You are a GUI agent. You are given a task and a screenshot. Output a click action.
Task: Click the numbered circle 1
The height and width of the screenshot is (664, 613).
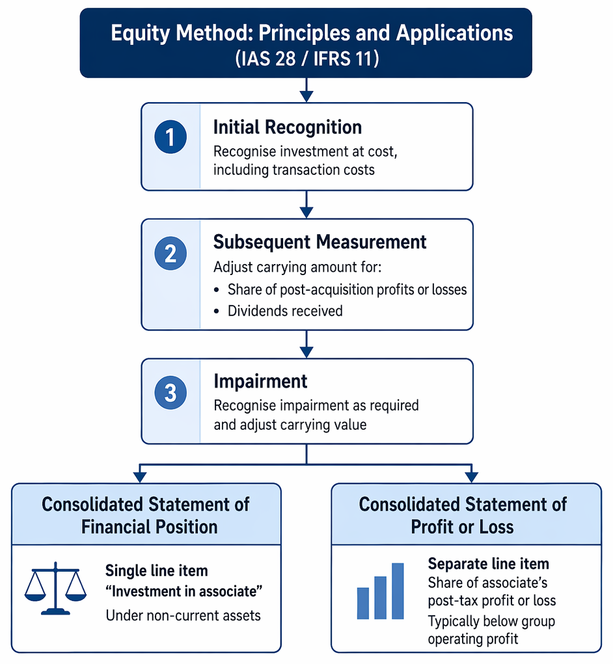[x=170, y=137]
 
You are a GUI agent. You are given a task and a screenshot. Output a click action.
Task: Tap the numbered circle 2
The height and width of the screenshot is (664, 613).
[x=170, y=253]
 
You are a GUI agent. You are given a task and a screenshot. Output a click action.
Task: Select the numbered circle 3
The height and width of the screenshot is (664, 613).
[x=170, y=393]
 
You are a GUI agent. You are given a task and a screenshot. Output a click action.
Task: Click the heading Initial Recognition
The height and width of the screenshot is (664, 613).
[x=287, y=127]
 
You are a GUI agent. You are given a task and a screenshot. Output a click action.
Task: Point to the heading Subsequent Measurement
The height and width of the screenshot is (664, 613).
[x=320, y=242]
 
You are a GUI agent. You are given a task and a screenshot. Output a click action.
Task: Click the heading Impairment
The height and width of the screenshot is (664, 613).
[x=260, y=381]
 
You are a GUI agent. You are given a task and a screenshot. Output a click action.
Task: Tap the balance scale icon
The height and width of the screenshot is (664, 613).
[x=55, y=588]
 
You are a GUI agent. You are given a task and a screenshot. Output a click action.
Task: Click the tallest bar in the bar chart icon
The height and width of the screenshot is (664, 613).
[x=398, y=591]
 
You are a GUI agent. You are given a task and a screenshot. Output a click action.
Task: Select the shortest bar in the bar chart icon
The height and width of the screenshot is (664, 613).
[x=363, y=604]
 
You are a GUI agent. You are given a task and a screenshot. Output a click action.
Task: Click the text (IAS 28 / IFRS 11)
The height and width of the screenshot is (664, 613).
[x=306, y=59]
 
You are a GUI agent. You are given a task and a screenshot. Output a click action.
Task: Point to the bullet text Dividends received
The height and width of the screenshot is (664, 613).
[x=285, y=311]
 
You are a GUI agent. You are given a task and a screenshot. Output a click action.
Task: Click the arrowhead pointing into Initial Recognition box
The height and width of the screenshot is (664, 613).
[x=306, y=96]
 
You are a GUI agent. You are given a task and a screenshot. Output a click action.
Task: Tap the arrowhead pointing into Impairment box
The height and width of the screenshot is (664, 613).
[x=306, y=352]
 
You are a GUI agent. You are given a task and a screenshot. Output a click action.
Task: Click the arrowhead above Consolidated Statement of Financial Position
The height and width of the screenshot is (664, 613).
[x=139, y=477]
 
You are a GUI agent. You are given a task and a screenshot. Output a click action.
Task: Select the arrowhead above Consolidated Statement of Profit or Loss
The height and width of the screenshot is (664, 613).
[x=471, y=477]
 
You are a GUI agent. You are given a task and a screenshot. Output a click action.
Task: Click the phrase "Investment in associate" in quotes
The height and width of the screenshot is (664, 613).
[x=184, y=591]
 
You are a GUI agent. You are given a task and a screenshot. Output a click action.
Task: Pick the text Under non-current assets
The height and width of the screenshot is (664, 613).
[x=183, y=615]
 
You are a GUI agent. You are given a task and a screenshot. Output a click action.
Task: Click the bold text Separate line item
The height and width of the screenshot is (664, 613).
[x=489, y=564]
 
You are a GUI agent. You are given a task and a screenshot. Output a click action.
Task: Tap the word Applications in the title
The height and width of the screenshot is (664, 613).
[x=455, y=33]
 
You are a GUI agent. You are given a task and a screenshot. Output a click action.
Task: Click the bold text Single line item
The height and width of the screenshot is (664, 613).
[x=157, y=571]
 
